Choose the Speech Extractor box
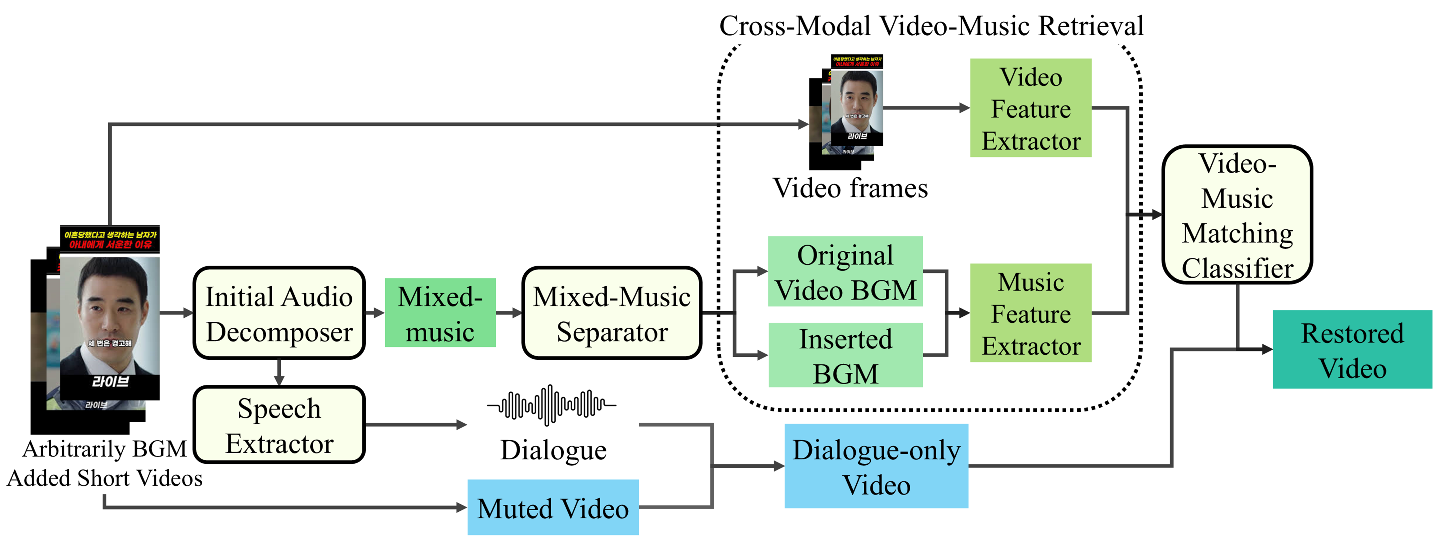[279, 425]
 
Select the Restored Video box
[1352, 349]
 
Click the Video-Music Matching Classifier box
[1237, 214]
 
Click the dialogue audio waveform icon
[551, 404]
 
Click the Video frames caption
[850, 188]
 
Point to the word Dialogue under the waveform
[553, 450]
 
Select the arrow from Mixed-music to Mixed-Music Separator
[509, 313]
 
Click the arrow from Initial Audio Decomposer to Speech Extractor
[279, 372]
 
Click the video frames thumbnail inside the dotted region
[849, 110]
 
